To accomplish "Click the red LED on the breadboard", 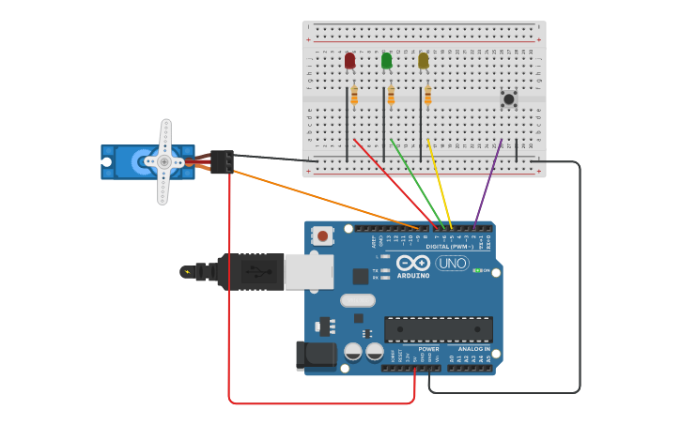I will click(349, 61).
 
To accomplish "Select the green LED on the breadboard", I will click(386, 61).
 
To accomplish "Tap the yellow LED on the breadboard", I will click(423, 61).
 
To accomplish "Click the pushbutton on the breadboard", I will click(508, 99).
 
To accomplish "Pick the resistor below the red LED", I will click(354, 96).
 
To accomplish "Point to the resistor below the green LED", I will click(391, 96).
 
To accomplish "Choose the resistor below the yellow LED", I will click(427, 96).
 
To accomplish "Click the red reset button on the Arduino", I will click(323, 236).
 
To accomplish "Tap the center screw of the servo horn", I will click(164, 161).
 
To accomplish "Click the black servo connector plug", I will click(222, 161).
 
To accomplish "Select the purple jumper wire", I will click(488, 183).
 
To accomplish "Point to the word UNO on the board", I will click(452, 263).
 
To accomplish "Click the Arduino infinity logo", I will click(413, 263).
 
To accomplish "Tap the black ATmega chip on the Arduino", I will click(438, 329).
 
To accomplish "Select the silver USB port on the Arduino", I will click(308, 271).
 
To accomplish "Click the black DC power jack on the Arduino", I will click(316, 356).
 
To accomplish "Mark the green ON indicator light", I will click(477, 270).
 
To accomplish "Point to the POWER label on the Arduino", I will click(428, 349).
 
